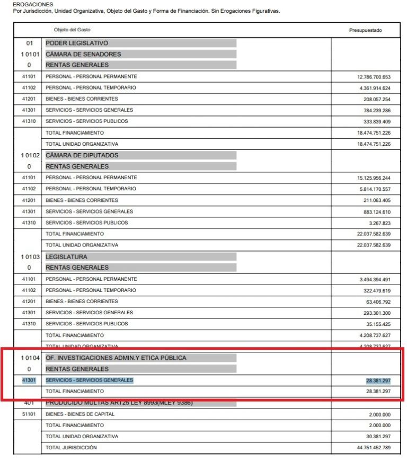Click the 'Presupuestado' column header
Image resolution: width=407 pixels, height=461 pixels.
point(365,30)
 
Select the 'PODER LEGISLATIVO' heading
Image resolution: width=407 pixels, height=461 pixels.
point(77,43)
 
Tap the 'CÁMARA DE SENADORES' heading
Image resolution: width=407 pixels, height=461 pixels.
point(83,54)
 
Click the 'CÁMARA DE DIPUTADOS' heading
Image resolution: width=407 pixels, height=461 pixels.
point(82,155)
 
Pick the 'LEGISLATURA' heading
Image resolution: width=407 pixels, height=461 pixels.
point(67,256)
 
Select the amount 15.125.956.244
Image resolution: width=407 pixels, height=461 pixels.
point(374,178)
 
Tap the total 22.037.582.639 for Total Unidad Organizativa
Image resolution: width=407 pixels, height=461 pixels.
point(374,245)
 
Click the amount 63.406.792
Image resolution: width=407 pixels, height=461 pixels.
point(377,302)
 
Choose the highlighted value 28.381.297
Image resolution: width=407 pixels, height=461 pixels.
point(378,380)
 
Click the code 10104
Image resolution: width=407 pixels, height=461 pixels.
point(29,358)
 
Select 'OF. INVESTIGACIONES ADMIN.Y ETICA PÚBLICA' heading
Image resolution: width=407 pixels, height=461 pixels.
point(116,358)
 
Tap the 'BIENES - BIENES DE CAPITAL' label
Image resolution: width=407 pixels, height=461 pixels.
point(80,414)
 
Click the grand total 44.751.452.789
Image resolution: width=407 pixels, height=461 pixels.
point(374,448)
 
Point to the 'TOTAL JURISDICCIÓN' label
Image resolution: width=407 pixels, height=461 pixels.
point(72,448)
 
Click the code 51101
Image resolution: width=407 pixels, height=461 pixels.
point(29,414)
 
